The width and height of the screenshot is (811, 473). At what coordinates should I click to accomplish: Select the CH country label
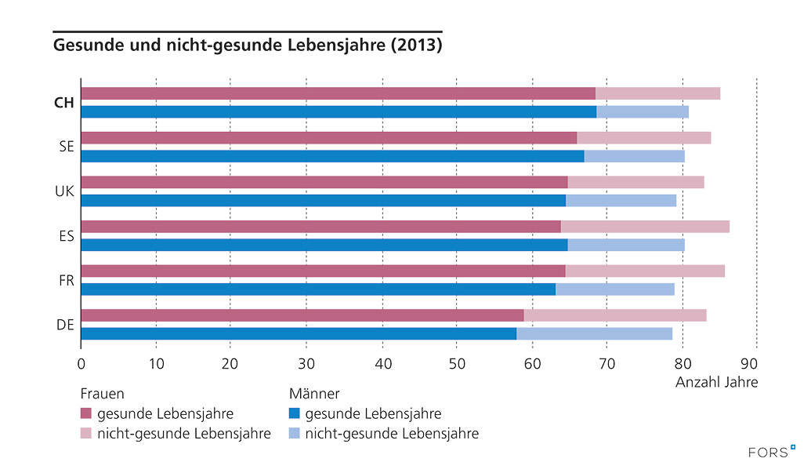(x=64, y=103)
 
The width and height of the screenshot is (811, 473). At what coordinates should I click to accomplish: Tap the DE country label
(x=66, y=324)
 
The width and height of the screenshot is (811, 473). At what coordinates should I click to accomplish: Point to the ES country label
(x=66, y=235)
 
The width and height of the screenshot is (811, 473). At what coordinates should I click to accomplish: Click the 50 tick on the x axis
(x=457, y=363)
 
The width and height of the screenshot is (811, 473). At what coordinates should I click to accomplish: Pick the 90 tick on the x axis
(x=756, y=363)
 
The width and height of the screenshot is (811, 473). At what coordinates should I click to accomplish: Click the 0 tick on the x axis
(x=81, y=363)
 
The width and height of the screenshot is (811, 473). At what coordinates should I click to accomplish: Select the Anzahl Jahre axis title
(x=716, y=382)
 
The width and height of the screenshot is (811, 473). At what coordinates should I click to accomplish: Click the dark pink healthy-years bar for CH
(x=337, y=94)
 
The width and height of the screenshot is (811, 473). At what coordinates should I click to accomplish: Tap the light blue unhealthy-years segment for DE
(x=594, y=333)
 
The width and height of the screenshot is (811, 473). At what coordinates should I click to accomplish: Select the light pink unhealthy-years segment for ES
(x=645, y=227)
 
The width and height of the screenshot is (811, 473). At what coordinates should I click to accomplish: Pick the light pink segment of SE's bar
(x=643, y=138)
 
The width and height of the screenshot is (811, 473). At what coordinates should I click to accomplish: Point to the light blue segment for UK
(x=621, y=200)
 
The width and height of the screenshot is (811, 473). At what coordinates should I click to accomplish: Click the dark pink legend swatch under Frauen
(x=86, y=413)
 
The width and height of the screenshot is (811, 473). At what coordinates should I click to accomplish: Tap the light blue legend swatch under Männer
(x=295, y=433)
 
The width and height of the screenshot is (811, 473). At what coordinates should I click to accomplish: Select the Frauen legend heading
(x=103, y=393)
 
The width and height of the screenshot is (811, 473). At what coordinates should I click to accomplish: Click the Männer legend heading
(x=314, y=393)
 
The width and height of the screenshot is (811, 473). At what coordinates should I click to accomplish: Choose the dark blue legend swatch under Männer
(x=295, y=413)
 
